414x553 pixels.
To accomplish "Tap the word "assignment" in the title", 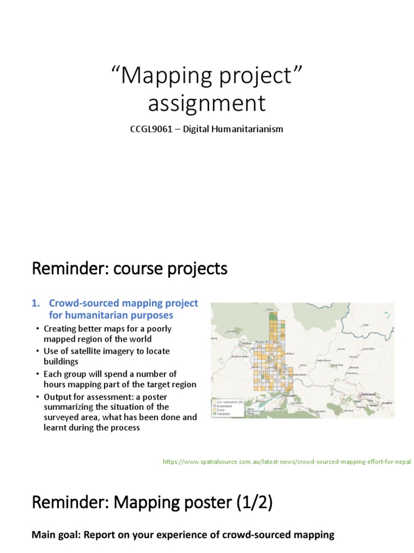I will click(x=206, y=103).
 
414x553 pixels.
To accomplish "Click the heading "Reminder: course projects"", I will click(x=129, y=268).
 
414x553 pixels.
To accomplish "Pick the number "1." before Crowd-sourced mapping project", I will click(x=36, y=304).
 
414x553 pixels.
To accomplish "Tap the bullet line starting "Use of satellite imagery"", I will click(x=107, y=351).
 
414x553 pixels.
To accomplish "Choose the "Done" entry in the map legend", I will click(x=221, y=410).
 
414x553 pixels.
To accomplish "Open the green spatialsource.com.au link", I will click(x=287, y=462).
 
